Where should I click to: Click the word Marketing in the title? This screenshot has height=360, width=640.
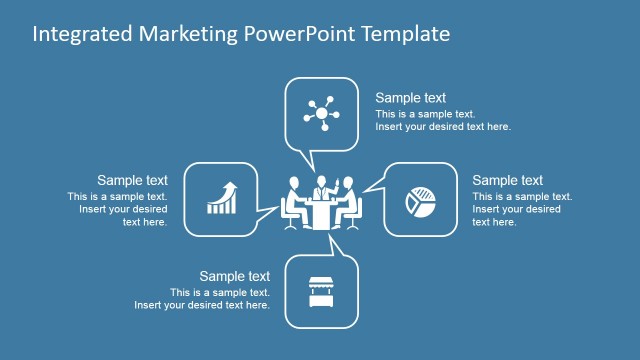[185, 34]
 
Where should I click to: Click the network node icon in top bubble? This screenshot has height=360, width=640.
[321, 113]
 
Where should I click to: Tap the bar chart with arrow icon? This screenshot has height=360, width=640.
[222, 198]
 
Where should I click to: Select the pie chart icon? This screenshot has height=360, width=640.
[419, 200]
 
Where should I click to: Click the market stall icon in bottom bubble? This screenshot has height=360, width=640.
[321, 291]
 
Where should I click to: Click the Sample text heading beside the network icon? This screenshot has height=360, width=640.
[410, 98]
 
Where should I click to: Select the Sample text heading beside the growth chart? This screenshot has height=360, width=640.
[132, 180]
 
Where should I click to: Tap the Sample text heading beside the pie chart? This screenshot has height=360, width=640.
[507, 180]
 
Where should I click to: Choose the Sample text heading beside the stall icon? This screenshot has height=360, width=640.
[234, 276]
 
